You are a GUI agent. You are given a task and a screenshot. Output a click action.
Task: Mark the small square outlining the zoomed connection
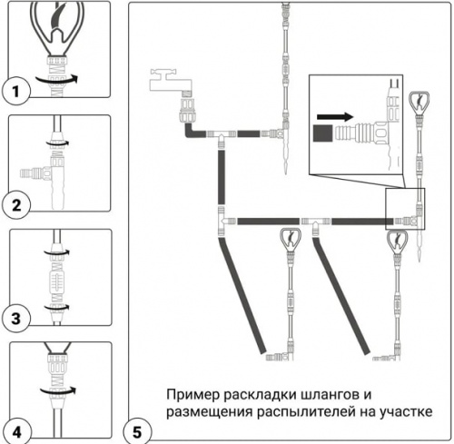(404, 207)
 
